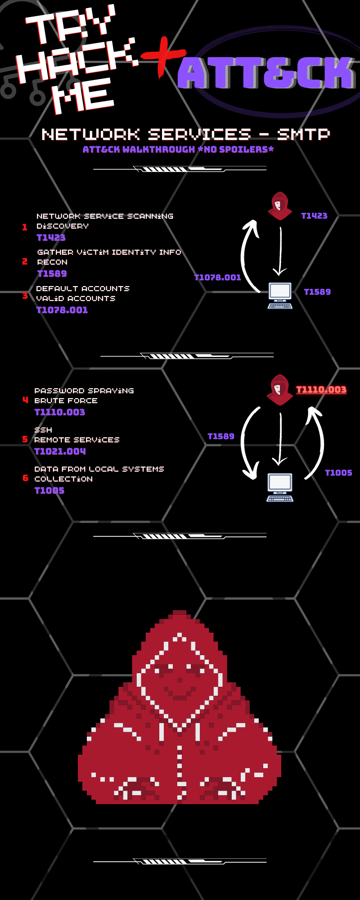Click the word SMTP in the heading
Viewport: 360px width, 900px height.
click(x=303, y=134)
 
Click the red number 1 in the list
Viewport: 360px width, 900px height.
click(x=25, y=227)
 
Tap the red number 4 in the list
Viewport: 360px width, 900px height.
click(x=25, y=400)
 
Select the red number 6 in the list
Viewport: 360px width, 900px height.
click(x=25, y=478)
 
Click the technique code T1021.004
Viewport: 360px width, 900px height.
click(x=60, y=451)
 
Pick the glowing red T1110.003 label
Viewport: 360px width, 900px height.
click(x=321, y=390)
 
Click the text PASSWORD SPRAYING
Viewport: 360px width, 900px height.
click(x=84, y=391)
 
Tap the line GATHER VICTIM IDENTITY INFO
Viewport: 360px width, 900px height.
click(x=109, y=252)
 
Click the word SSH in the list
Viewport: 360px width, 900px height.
click(x=43, y=430)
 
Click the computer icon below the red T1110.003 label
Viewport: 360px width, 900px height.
click(x=280, y=487)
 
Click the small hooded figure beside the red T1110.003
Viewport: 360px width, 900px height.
click(x=279, y=390)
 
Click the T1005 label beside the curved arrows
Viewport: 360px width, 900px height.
click(x=338, y=472)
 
